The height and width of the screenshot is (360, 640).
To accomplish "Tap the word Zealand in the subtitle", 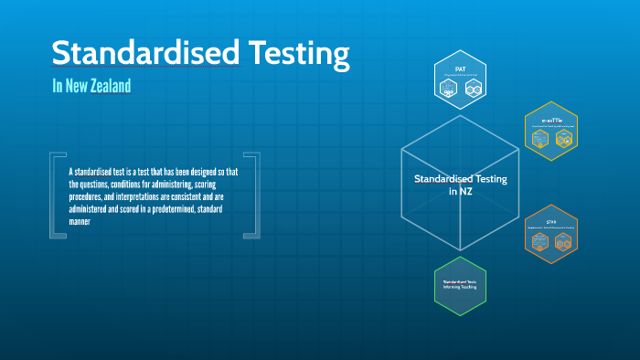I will (x=108, y=86).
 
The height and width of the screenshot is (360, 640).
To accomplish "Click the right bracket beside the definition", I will (x=253, y=196).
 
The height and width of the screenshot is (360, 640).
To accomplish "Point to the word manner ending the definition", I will (x=80, y=221).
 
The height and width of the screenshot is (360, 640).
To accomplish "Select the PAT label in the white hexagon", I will (x=461, y=69).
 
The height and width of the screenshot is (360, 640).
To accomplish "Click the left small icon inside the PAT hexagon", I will (x=448, y=89).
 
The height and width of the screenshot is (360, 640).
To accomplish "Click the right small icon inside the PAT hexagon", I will (x=473, y=89).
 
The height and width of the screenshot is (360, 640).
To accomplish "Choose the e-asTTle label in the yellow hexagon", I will (x=551, y=120).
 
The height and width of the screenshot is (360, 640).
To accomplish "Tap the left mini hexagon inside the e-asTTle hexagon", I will (x=539, y=139).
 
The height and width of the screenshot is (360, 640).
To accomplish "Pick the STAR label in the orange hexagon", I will (x=551, y=222).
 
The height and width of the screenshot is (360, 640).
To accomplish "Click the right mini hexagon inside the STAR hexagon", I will (x=563, y=241).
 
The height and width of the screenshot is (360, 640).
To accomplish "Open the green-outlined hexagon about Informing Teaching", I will (x=460, y=283).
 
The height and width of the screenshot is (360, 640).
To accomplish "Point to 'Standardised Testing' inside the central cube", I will (x=460, y=179).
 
